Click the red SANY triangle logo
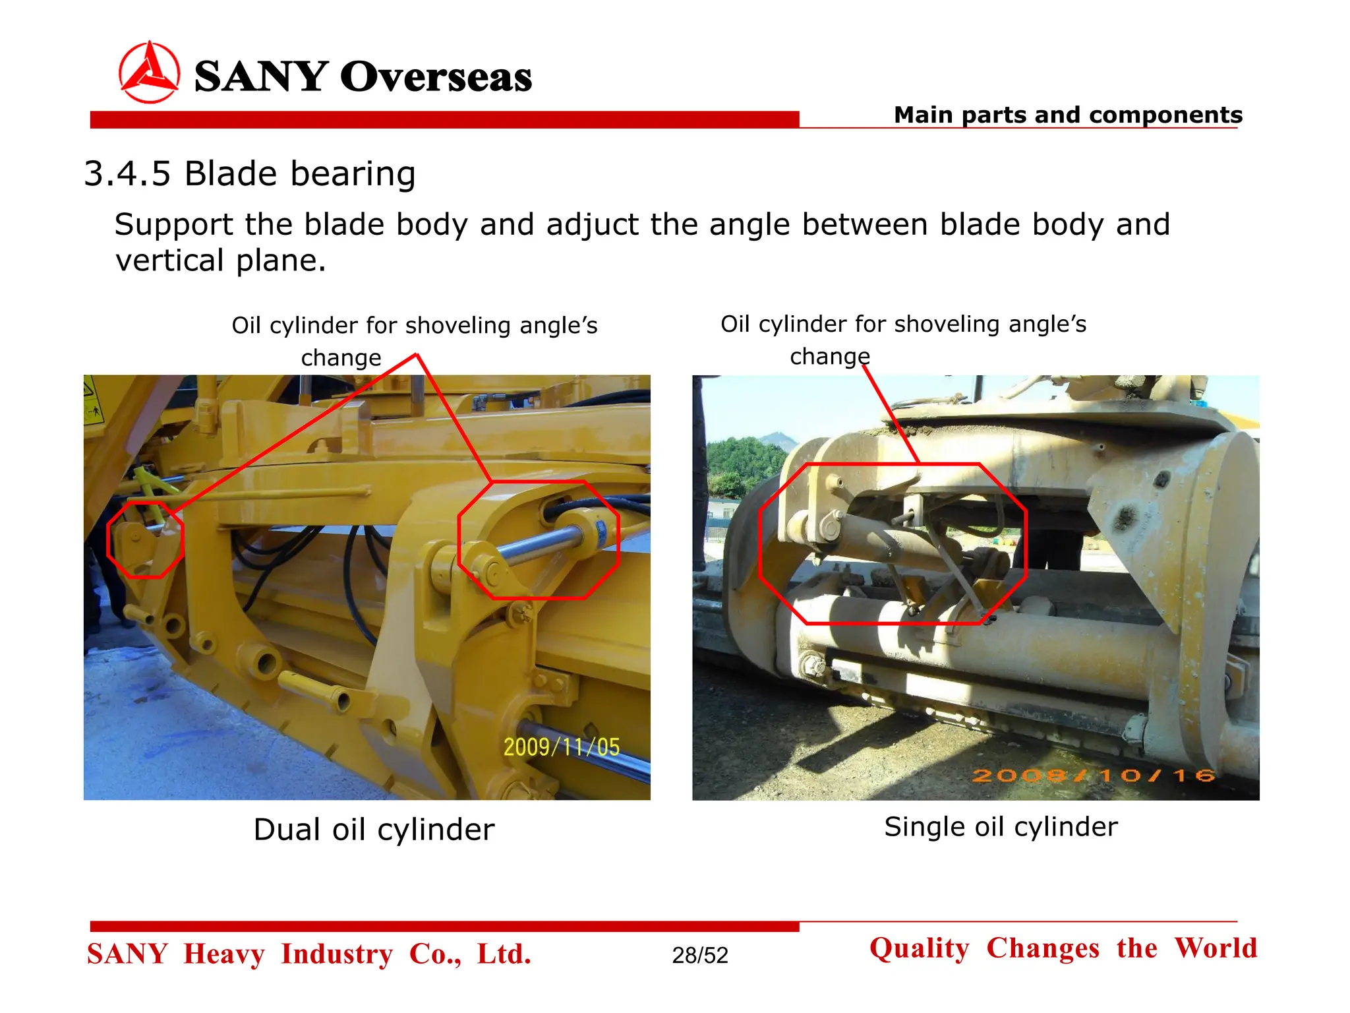[149, 73]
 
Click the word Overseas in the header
[436, 77]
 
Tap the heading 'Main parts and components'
[1068, 115]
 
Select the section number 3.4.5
[127, 174]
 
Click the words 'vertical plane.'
[221, 261]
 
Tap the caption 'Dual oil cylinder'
[374, 830]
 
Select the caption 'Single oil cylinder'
[1001, 827]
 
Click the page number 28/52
[700, 955]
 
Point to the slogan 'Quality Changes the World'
[1063, 948]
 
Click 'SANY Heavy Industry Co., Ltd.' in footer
[309, 954]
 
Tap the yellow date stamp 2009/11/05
[562, 747]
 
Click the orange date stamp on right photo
[1094, 776]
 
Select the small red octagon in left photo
[146, 539]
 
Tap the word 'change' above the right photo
[830, 357]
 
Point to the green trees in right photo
[745, 462]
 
